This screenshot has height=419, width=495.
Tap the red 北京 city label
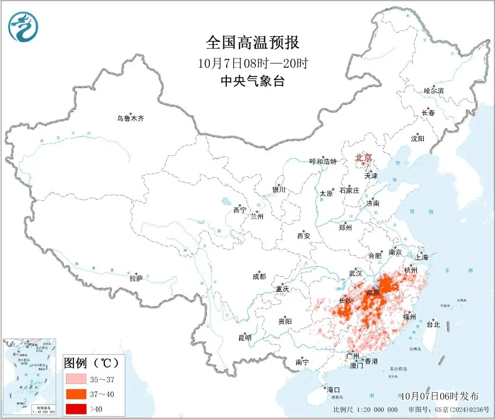point(364,158)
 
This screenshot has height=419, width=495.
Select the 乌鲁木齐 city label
point(129,118)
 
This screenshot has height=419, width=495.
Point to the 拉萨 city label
point(136,279)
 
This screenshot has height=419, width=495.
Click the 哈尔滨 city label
point(434,91)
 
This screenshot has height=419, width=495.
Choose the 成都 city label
point(259,277)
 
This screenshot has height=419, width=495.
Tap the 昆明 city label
point(244,338)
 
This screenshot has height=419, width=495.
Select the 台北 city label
point(433,324)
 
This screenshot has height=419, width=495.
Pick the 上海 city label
point(421,257)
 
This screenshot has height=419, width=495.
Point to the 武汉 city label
point(356,273)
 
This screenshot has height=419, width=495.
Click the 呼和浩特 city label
point(323,162)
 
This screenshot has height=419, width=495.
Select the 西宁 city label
point(240,210)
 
